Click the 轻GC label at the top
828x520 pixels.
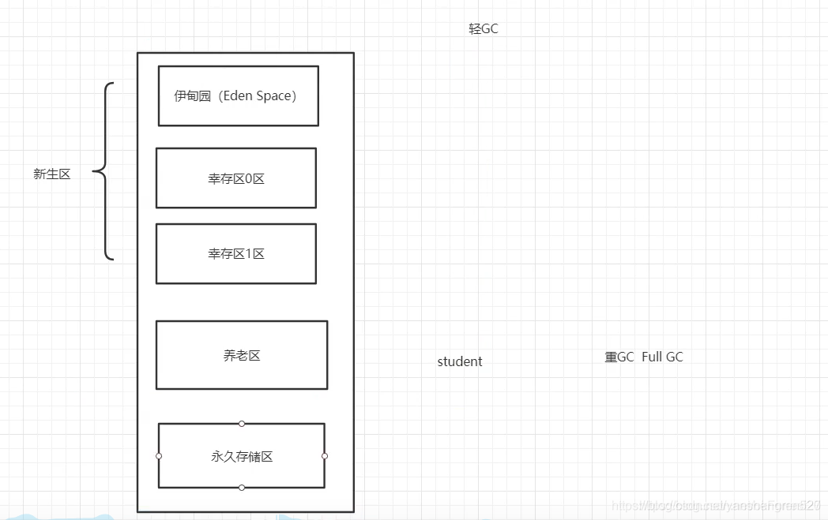click(x=484, y=29)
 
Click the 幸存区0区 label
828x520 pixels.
click(x=236, y=179)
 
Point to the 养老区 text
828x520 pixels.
click(x=242, y=356)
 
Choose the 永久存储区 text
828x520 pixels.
click(x=242, y=457)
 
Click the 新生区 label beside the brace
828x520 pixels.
click(x=52, y=174)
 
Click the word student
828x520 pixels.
click(x=460, y=361)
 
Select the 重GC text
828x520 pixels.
click(x=619, y=357)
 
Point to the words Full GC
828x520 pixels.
click(x=662, y=357)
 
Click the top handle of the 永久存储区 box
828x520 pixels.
click(x=242, y=424)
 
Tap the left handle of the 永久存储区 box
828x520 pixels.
click(x=159, y=456)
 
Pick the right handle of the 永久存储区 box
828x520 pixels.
click(x=325, y=456)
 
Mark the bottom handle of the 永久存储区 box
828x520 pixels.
click(x=242, y=488)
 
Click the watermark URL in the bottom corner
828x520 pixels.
click(x=716, y=505)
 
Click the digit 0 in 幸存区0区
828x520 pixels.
click(x=250, y=179)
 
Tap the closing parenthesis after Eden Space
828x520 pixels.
click(x=294, y=96)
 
